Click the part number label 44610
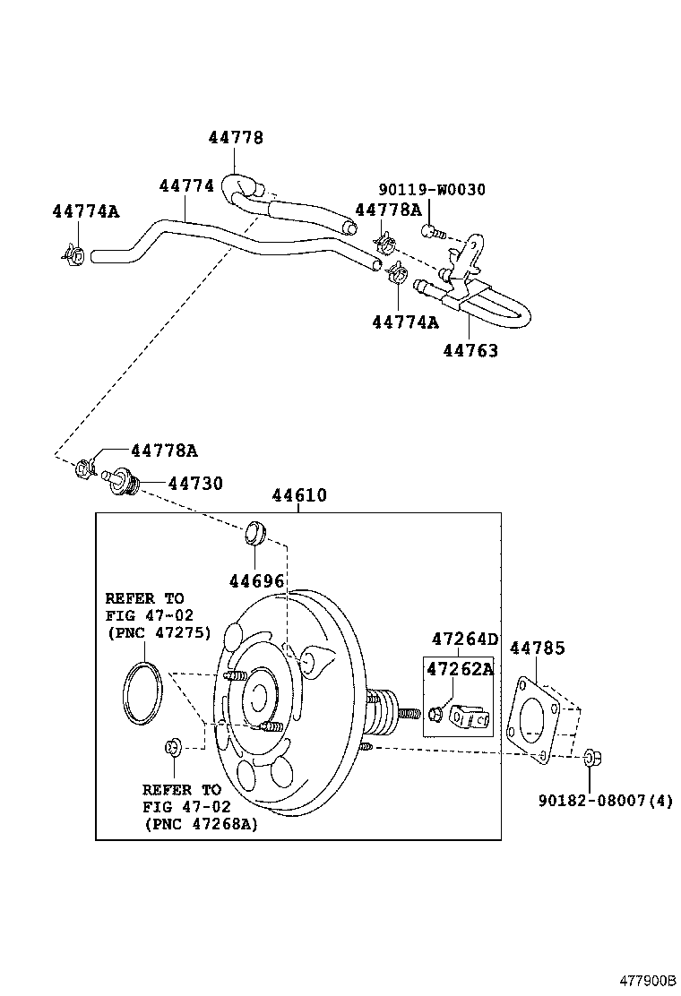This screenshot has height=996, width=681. pyautogui.click(x=299, y=495)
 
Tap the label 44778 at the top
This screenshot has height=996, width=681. pyautogui.click(x=236, y=137)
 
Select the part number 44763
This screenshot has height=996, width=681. pyautogui.click(x=470, y=350)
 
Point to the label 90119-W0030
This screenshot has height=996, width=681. pyautogui.click(x=432, y=189)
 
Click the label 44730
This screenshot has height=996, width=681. pyautogui.click(x=195, y=484)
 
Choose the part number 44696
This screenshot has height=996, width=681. pyautogui.click(x=255, y=581)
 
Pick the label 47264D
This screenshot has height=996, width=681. pyautogui.click(x=464, y=639)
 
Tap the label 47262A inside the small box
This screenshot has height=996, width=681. pyautogui.click(x=459, y=669)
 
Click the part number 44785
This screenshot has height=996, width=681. pyautogui.click(x=538, y=647)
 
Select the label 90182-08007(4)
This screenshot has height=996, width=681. pyautogui.click(x=605, y=800)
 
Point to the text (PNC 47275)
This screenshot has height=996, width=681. pyautogui.click(x=158, y=632)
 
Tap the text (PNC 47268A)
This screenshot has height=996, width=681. pyautogui.click(x=200, y=823)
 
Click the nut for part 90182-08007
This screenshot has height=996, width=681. pyautogui.click(x=592, y=759)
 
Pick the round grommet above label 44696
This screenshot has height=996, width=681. pyautogui.click(x=255, y=532)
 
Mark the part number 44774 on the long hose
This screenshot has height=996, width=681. pyautogui.click(x=186, y=185)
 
